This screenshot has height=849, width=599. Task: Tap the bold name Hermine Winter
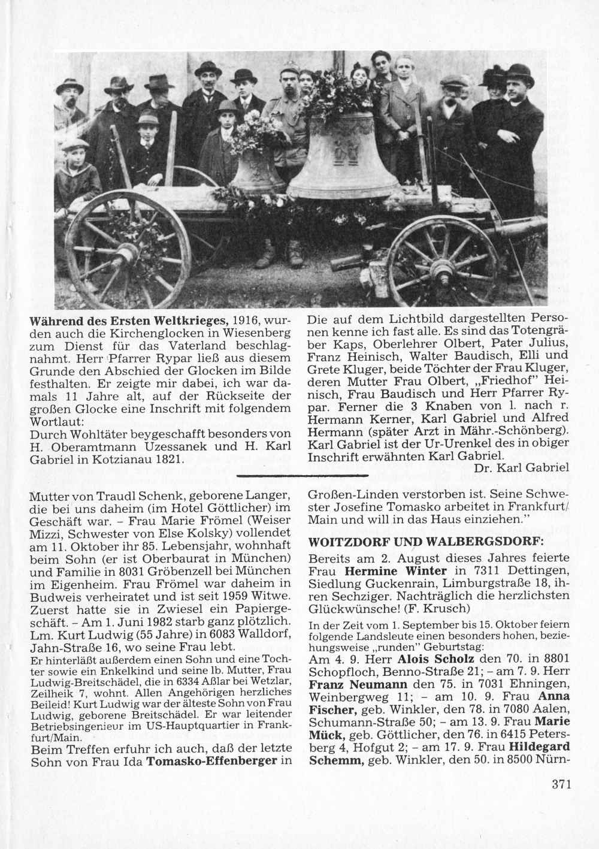[395, 569]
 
